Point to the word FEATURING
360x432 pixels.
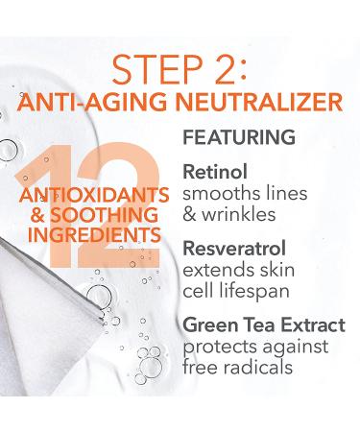[238, 139]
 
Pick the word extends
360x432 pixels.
[212, 270]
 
